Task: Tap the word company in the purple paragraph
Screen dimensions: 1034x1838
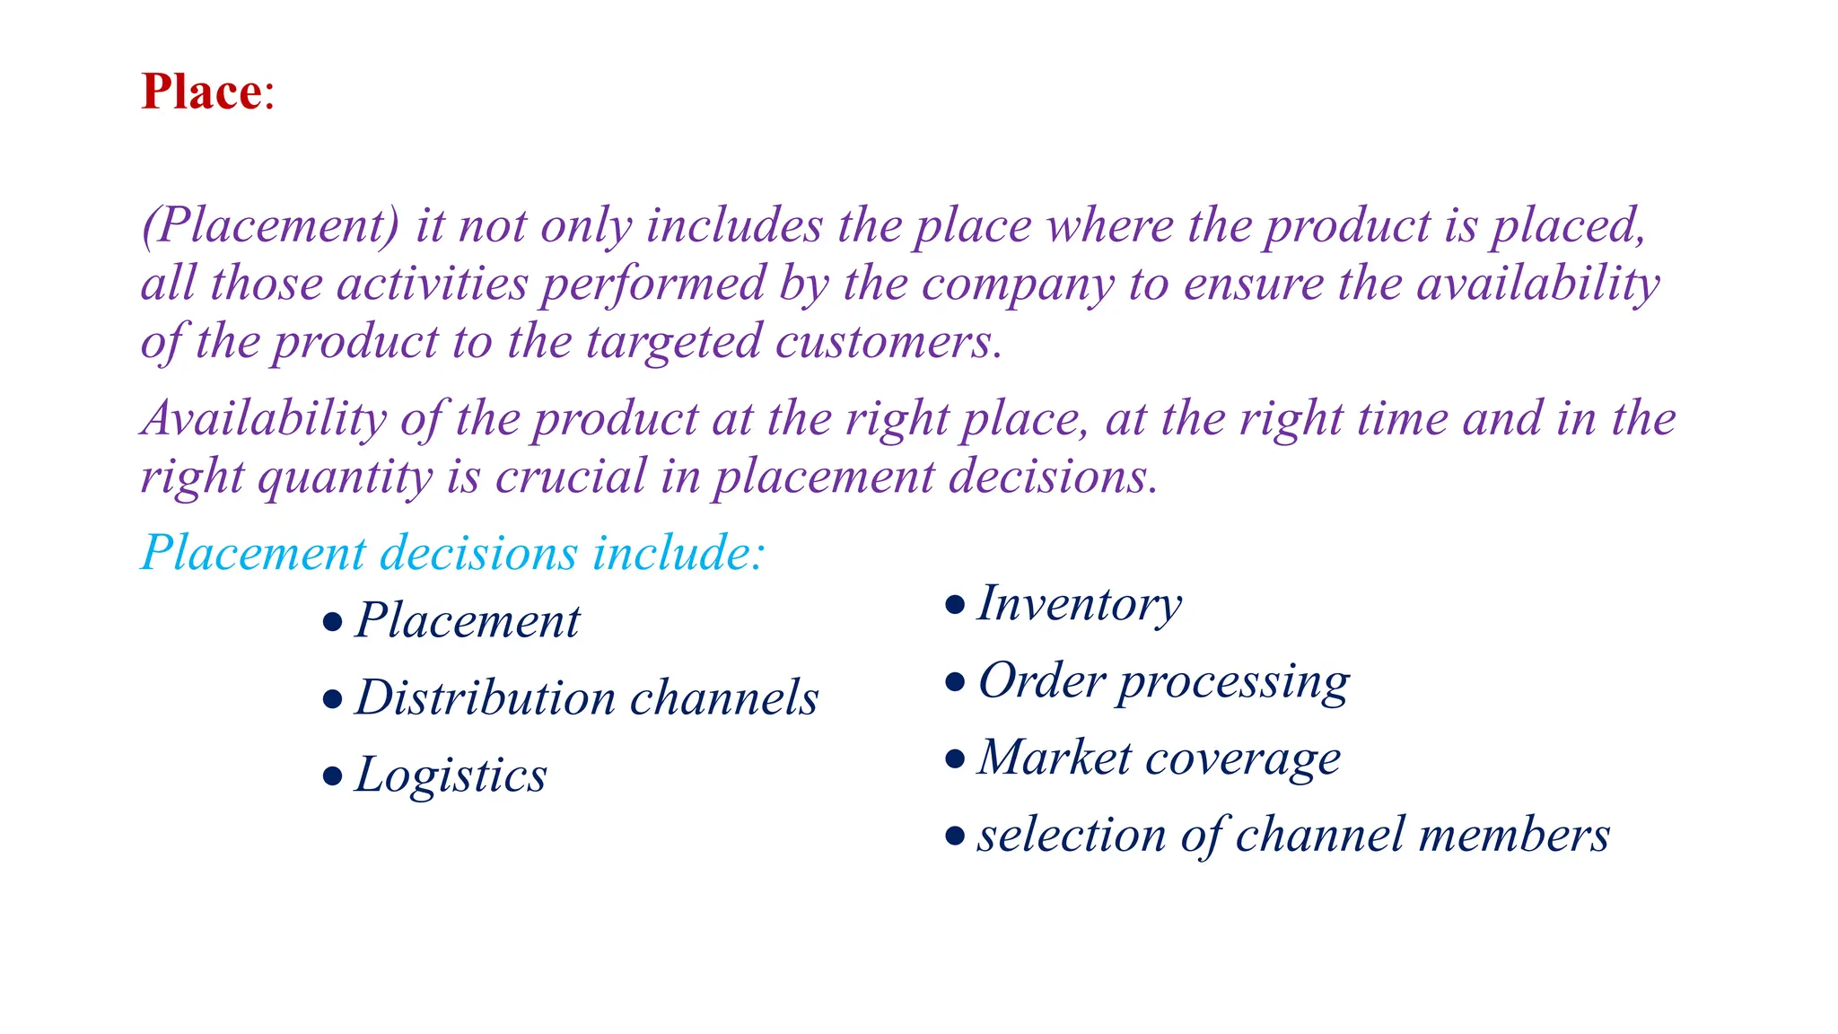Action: tap(1018, 284)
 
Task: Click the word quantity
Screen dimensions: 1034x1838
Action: tap(346, 478)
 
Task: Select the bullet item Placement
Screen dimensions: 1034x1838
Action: tap(468, 620)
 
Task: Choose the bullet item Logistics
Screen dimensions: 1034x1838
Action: tap(451, 775)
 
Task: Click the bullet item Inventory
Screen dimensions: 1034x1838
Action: tap(1080, 603)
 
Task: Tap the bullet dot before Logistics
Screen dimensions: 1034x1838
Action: tap(333, 775)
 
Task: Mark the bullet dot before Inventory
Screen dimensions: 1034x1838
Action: tap(956, 604)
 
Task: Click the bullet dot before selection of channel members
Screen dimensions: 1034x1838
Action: tap(956, 837)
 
